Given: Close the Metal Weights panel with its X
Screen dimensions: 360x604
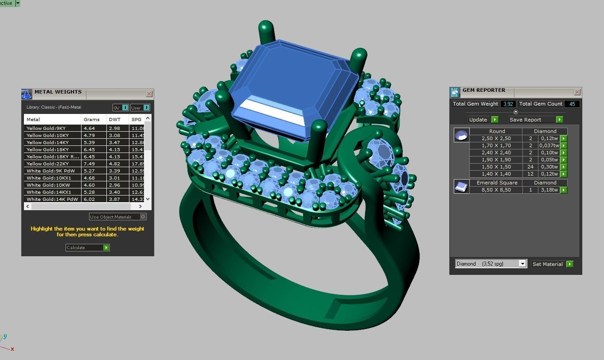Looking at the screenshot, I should coord(149,94).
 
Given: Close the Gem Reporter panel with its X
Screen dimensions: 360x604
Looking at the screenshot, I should coord(577,92).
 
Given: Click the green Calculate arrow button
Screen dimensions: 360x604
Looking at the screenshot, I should coord(106,247).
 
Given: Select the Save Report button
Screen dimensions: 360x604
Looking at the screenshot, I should coord(531,120).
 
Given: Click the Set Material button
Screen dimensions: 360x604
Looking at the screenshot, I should coord(548,264).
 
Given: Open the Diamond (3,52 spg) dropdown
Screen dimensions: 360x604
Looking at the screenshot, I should coord(522,264).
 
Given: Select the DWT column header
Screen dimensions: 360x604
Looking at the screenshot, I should coord(115,119).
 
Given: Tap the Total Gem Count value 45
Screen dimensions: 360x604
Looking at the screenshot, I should coord(572,104).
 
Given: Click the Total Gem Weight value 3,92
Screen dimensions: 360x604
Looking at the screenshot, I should coord(508,104).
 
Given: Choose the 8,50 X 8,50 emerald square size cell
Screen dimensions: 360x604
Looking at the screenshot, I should coord(496,190).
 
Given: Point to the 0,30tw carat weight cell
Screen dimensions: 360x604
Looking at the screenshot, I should coord(549,167).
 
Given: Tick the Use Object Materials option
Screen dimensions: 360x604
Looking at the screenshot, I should coord(143,217).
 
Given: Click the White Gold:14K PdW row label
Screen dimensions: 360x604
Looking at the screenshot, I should coord(52,199).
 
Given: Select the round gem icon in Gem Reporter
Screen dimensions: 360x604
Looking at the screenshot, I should coord(461,135).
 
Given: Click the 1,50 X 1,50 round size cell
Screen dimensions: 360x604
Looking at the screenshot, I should coord(496,167).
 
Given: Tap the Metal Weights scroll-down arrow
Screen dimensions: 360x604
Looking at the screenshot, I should coord(148,199).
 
